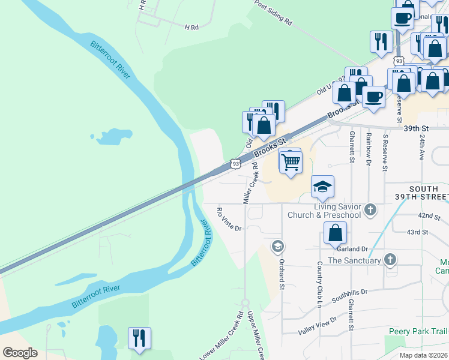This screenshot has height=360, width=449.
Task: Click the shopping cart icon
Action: click(291, 161)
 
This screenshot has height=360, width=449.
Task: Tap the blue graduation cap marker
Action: click(322, 187)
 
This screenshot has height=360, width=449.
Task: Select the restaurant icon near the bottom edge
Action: click(139, 338)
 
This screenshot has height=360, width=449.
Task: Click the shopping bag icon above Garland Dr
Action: click(336, 233)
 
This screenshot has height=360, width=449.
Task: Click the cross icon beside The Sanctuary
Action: click(390, 260)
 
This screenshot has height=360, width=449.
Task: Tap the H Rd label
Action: click(191, 28)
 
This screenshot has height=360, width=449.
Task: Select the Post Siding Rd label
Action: click(273, 13)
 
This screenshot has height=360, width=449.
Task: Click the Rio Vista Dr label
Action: click(229, 220)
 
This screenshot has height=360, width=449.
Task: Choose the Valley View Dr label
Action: click(318, 325)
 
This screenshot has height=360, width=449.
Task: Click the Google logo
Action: click(20, 353)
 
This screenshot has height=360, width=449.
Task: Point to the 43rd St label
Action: click(417, 232)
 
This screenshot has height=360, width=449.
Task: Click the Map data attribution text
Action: click(423, 355)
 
